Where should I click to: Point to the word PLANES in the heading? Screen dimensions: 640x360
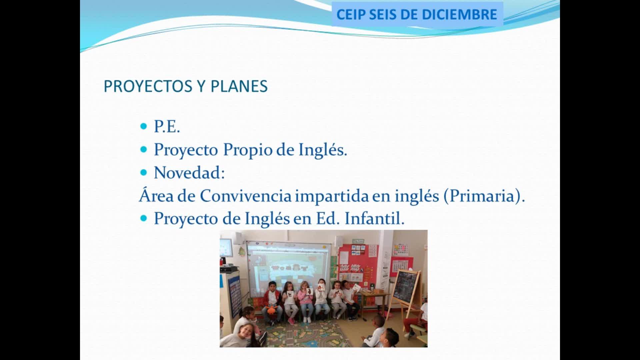click(239, 86)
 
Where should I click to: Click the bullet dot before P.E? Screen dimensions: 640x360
click(144, 126)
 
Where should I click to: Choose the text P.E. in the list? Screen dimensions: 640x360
click(167, 127)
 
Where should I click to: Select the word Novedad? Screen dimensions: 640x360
click(189, 173)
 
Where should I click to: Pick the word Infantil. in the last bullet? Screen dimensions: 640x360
click(374, 219)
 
